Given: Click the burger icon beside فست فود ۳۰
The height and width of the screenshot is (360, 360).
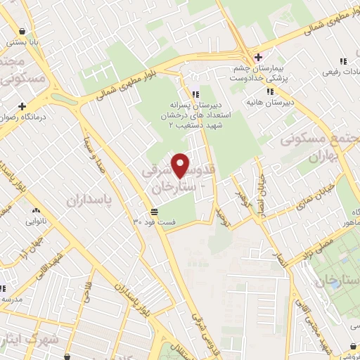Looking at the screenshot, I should click(x=154, y=212).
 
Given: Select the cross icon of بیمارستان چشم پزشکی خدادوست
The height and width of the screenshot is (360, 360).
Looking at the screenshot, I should click(x=258, y=57).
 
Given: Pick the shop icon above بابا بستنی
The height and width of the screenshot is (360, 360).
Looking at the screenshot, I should click(x=25, y=31).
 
